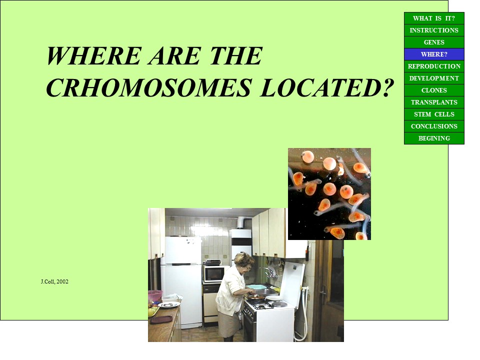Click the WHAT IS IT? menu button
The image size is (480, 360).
point(434,18)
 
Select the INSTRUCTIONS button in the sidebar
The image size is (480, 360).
point(434,30)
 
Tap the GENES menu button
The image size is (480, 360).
point(434,42)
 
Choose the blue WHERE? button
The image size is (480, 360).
point(434,54)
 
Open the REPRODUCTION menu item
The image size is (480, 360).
point(434,66)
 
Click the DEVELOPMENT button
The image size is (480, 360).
point(434,78)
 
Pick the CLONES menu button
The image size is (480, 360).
point(434,90)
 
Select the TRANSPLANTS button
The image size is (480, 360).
point(434,102)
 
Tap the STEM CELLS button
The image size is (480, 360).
point(434,114)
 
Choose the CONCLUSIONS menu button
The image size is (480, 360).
point(434,126)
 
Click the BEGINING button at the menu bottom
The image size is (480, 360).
point(434,138)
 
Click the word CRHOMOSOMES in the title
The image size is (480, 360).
point(149,88)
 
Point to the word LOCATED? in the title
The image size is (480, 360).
point(326,88)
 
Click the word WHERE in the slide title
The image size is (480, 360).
point(93,55)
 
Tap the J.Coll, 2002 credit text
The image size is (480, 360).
point(54,281)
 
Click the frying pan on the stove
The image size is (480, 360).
point(256,296)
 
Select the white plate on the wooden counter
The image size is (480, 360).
point(168,304)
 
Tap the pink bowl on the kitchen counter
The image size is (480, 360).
point(155,296)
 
